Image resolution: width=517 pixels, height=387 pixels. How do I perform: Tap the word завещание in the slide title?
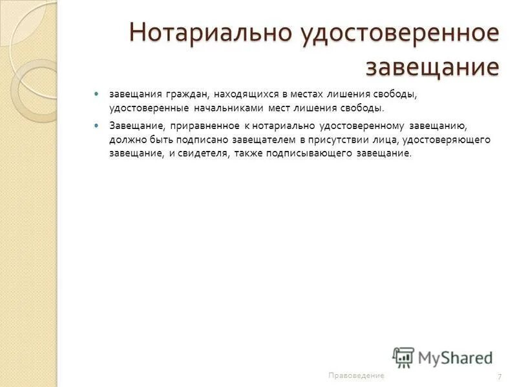point(432,66)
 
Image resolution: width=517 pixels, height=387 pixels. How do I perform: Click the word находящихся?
point(246,95)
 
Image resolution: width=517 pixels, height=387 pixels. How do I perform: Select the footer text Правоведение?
point(356,375)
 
